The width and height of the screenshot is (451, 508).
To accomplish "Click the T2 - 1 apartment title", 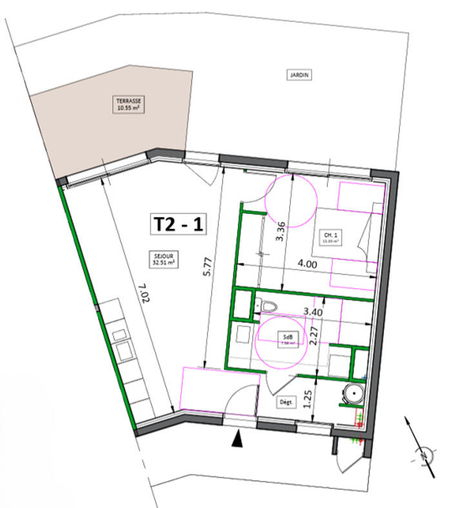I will point(178,224).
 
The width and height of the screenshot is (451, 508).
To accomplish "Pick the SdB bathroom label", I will point(285,340).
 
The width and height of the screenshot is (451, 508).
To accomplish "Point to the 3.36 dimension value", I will point(280,230).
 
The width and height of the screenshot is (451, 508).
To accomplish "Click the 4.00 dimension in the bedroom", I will point(306,263).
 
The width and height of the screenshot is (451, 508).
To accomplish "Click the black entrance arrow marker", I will point(239,439).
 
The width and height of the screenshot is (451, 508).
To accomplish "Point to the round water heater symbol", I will point(354,394).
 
